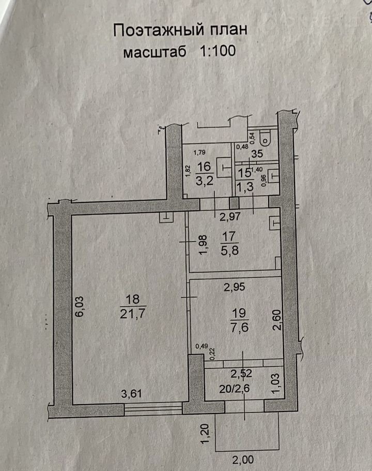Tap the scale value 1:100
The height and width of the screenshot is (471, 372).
(x=218, y=51)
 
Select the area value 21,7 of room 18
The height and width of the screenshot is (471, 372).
(x=132, y=314)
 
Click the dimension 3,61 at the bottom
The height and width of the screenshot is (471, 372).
(x=131, y=393)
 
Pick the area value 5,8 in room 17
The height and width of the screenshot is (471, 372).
(x=230, y=250)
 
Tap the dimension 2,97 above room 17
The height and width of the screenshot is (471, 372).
(x=230, y=216)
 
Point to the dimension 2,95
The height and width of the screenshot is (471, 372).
(x=235, y=287)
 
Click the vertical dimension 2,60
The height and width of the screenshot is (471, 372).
(x=277, y=320)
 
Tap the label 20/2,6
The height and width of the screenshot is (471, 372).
(x=235, y=389)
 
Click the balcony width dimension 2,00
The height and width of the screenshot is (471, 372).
(x=243, y=460)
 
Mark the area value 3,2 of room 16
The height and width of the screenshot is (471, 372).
(x=205, y=181)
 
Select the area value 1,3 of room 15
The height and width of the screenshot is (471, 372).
(x=245, y=187)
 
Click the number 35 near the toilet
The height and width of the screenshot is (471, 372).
(x=257, y=154)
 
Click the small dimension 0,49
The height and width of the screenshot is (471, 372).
(x=201, y=346)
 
